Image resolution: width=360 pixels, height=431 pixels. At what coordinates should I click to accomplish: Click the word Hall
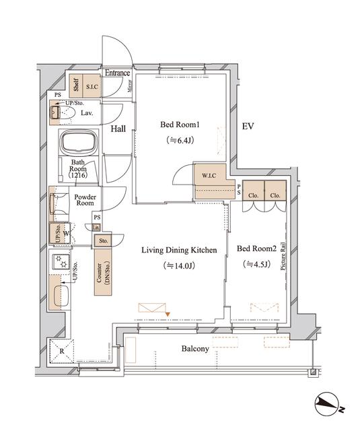118,129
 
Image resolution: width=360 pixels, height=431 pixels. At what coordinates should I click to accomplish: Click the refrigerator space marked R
61,352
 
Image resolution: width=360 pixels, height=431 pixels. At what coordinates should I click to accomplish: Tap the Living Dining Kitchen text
178,250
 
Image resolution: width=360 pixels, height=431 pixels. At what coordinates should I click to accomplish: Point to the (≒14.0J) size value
179,266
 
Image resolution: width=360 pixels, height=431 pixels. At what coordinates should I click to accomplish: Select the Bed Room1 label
180,125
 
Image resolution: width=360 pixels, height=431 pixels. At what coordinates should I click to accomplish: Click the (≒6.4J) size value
180,141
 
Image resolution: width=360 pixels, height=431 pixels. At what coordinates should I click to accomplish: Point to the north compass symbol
329,405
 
